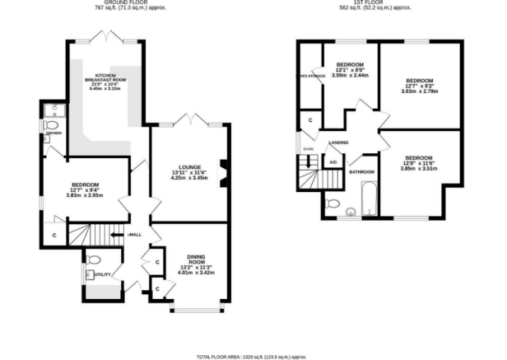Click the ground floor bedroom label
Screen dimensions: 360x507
tap(86, 184)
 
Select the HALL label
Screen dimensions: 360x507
tap(135, 235)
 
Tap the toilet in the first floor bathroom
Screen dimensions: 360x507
tap(333, 203)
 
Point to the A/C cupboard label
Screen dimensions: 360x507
tap(333, 161)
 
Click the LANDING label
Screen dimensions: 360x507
tap(338, 143)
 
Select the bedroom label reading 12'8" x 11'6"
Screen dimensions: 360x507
tap(418, 157)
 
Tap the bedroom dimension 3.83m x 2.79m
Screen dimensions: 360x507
tap(420, 92)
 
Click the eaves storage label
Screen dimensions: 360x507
tap(310, 77)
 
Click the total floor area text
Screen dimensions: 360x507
tap(253, 355)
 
